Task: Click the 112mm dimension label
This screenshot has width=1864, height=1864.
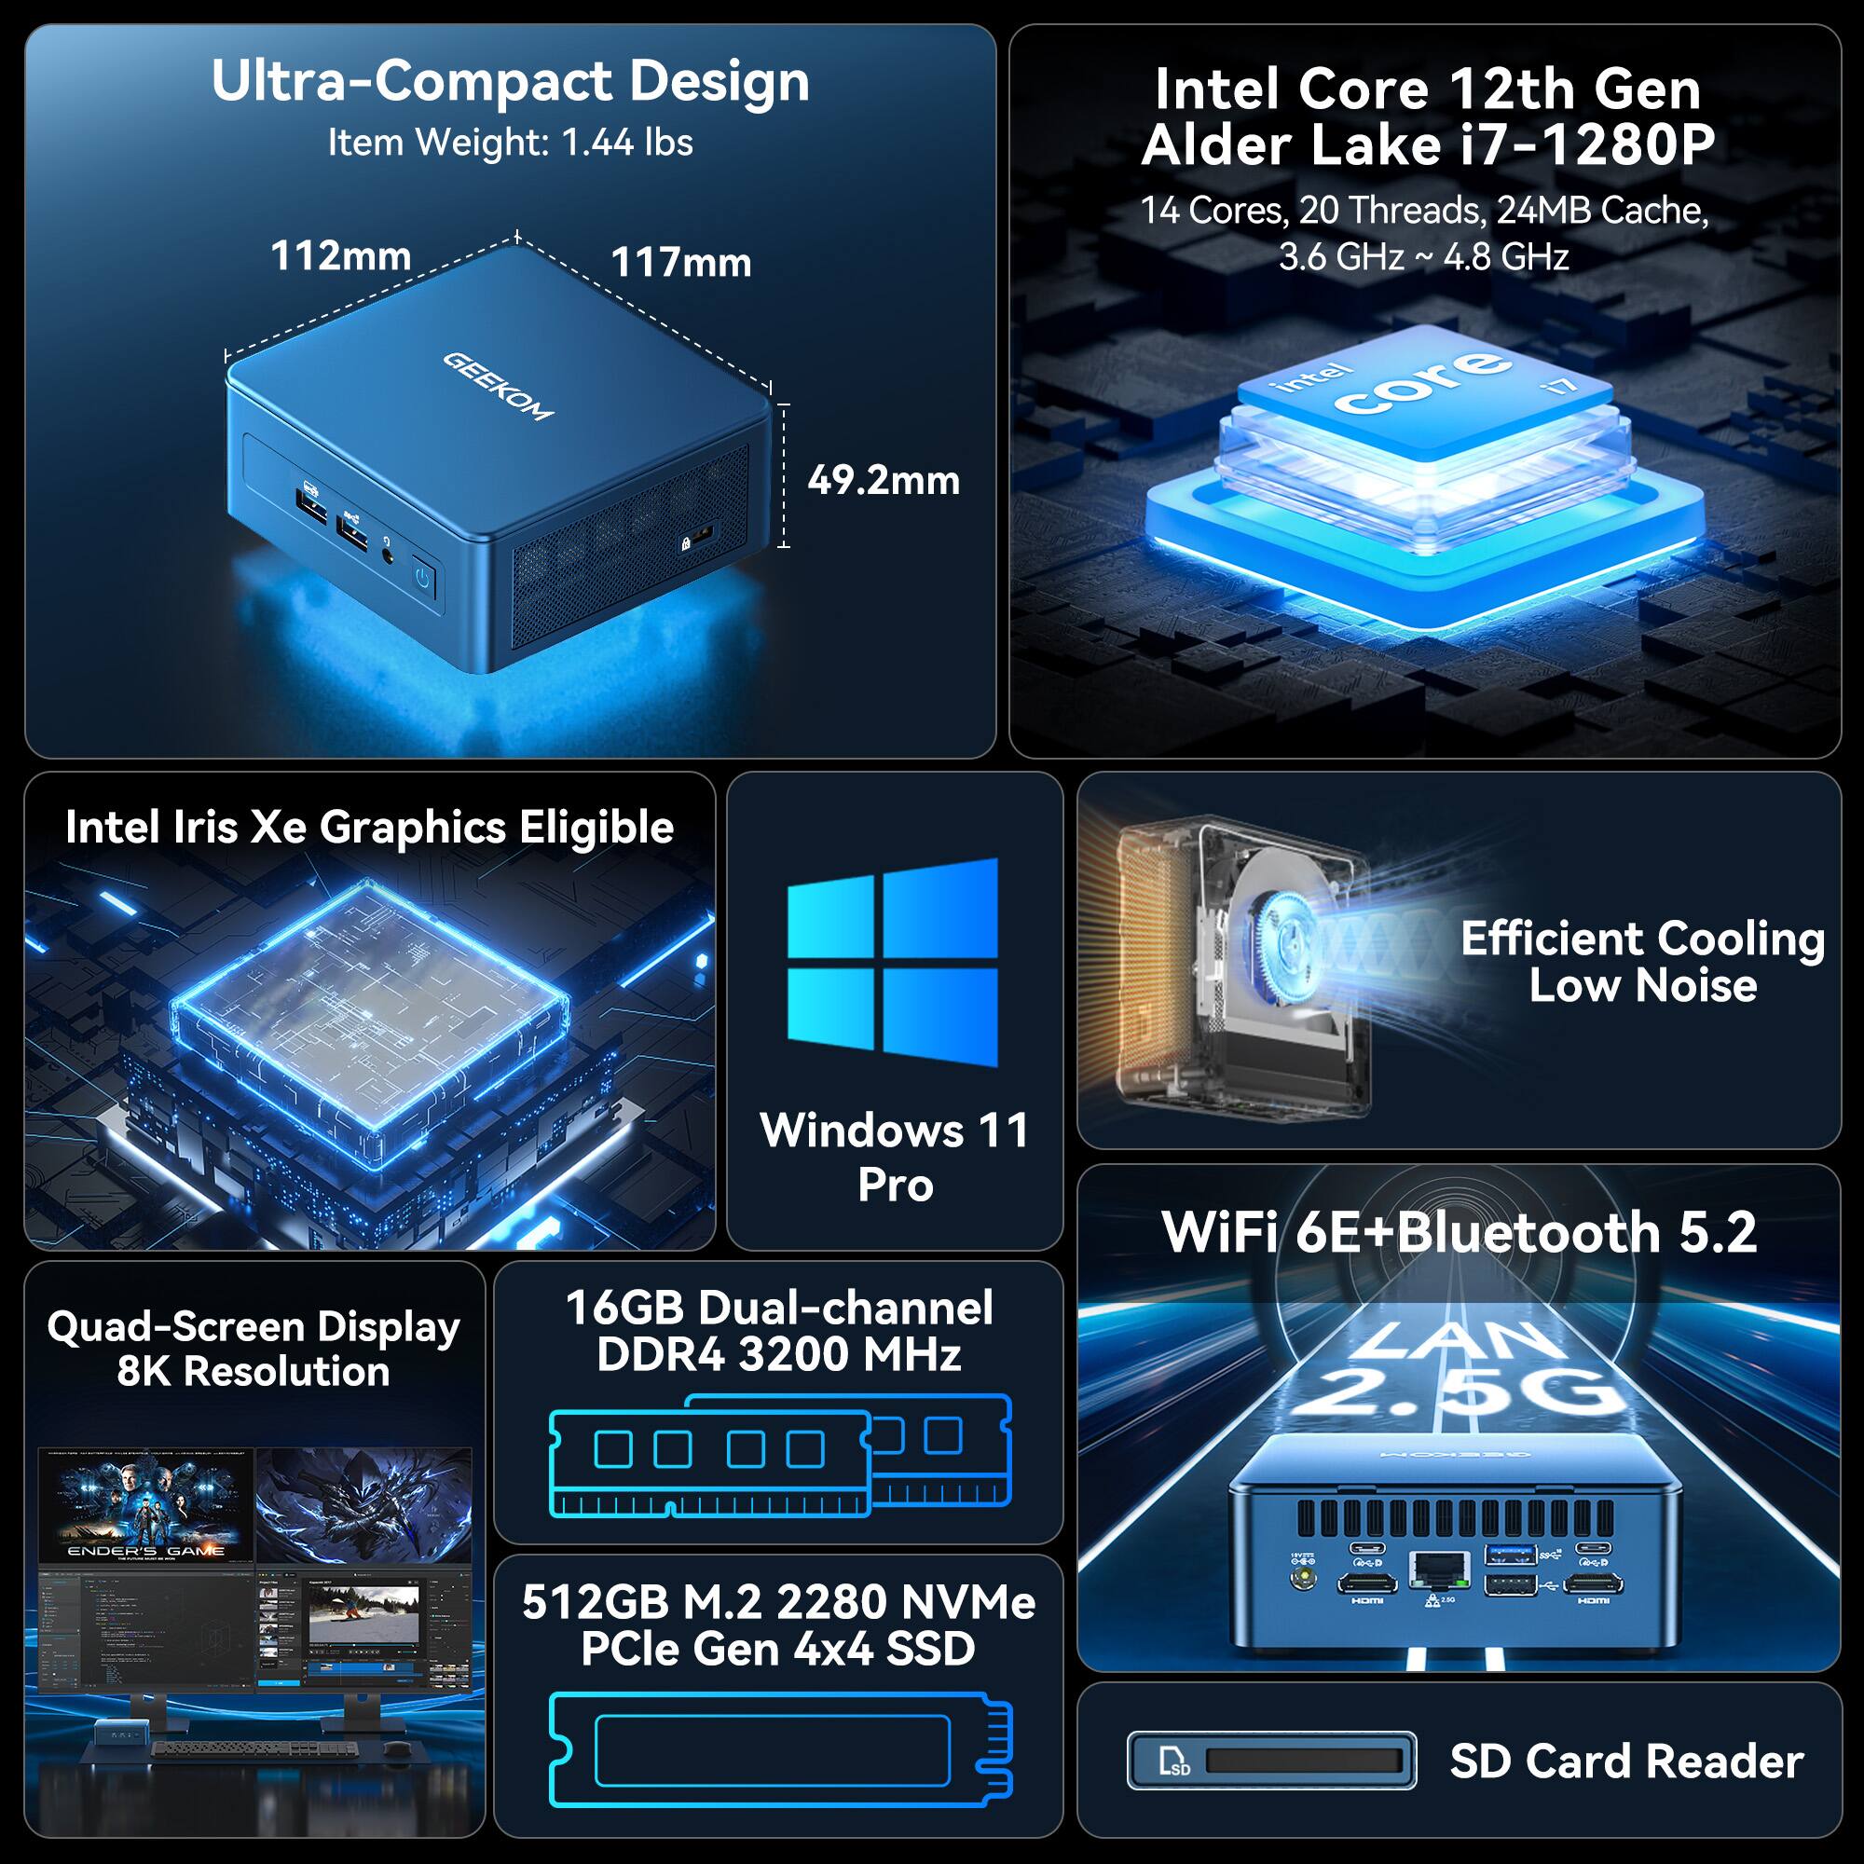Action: [340, 255]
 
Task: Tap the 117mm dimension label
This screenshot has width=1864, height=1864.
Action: [681, 263]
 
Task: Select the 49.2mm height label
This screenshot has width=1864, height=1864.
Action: [883, 481]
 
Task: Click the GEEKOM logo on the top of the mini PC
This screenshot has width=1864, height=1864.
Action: [498, 386]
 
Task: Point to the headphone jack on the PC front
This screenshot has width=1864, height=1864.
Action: [388, 555]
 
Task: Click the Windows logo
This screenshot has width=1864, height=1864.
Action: [893, 962]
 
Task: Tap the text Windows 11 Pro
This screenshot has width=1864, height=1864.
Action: [895, 1157]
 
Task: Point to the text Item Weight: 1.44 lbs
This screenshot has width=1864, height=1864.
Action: [511, 143]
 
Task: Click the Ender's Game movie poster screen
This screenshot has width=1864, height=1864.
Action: [146, 1505]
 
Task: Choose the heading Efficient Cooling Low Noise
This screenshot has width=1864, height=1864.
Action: [1642, 962]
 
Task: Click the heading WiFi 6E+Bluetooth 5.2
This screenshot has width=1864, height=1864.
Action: [1459, 1233]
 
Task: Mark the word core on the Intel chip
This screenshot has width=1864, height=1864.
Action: [1423, 383]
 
